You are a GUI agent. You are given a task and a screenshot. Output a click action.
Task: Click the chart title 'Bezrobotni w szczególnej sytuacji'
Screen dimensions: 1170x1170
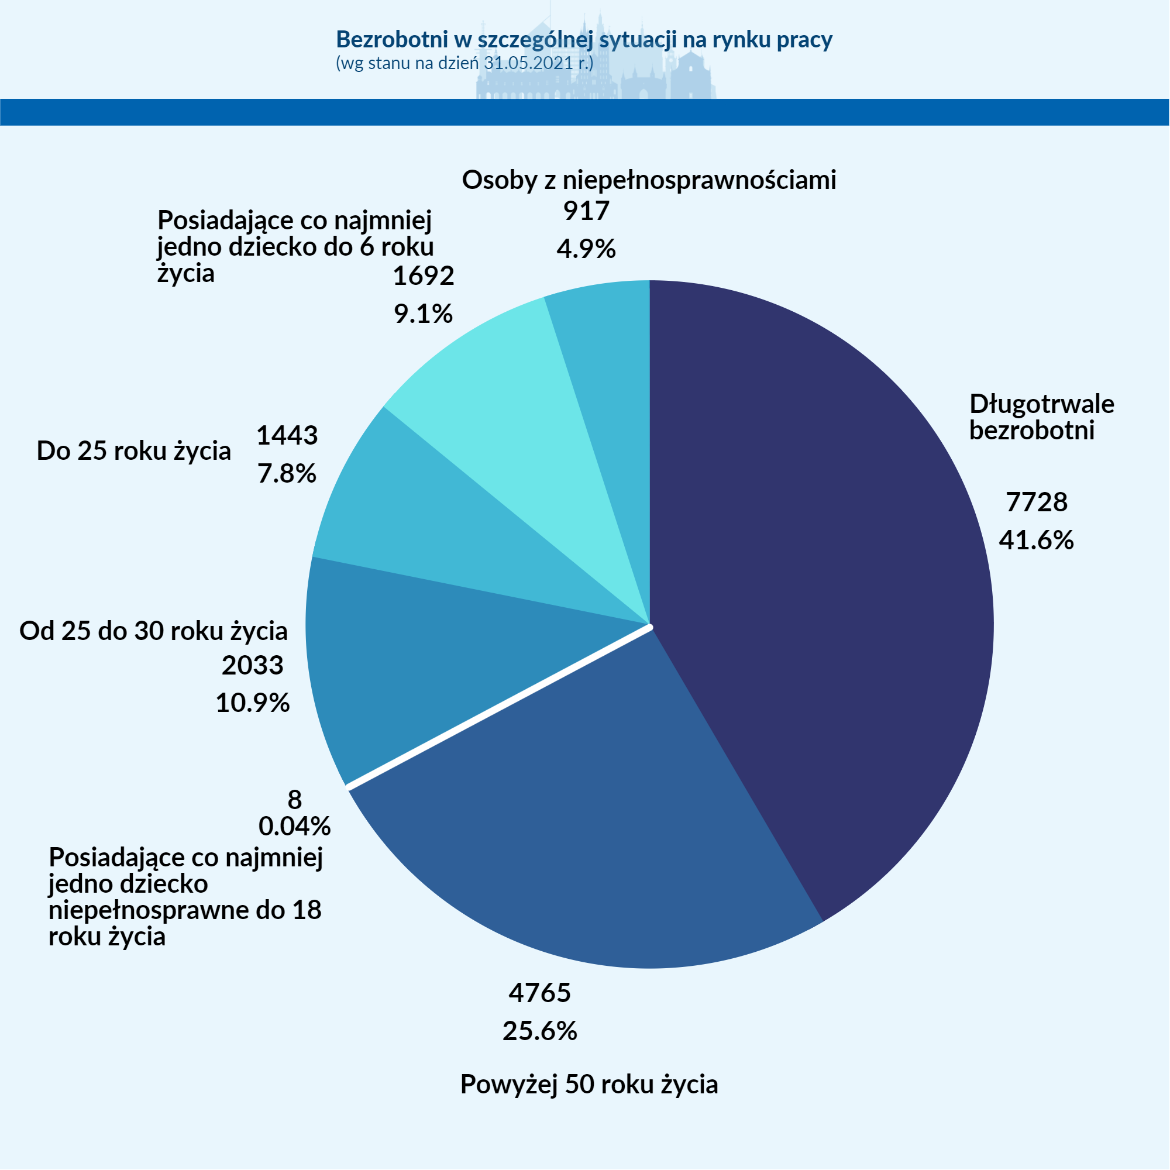[584, 39]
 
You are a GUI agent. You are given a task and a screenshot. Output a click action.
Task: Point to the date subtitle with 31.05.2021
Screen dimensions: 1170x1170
[464, 63]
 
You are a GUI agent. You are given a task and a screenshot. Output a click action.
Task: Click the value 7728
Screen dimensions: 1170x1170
[1036, 502]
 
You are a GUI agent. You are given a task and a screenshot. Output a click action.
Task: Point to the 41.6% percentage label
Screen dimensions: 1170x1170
[1036, 539]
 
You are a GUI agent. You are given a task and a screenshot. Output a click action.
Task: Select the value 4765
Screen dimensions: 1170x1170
[539, 993]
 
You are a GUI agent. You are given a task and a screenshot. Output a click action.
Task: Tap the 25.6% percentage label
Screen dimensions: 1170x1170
[539, 1031]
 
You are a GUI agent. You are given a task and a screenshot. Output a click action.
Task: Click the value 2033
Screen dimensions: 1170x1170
[253, 666]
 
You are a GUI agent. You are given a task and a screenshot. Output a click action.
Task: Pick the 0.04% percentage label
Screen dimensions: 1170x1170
[294, 826]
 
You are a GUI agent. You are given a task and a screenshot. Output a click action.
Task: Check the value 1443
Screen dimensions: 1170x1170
[287, 435]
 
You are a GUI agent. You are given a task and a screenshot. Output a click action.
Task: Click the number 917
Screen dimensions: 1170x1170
[586, 211]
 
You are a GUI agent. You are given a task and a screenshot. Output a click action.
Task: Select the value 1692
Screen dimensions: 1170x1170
[424, 276]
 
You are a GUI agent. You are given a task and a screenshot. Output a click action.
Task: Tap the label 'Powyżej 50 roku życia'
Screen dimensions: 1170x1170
[589, 1084]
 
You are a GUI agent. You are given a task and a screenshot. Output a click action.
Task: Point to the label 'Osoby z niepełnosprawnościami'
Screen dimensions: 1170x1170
[649, 180]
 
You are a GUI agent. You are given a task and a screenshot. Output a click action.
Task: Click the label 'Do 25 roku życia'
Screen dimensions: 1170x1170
[134, 451]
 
